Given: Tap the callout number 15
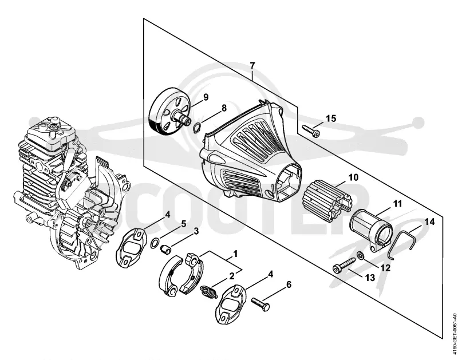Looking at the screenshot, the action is [331, 118].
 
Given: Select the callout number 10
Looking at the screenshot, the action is [353, 177].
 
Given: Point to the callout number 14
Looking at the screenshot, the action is [429, 222].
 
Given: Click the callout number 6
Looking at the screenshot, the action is [289, 284].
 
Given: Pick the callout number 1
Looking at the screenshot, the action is [235, 254].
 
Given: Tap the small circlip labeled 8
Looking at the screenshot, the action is [198, 128].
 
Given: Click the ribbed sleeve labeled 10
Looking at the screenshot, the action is [327, 201].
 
